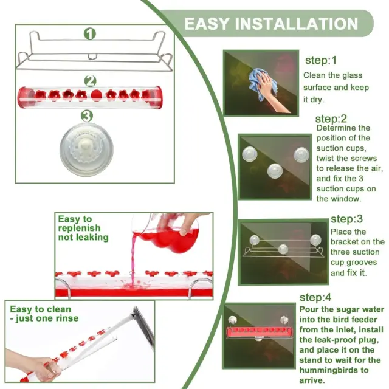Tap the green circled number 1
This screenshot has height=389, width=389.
[89, 33]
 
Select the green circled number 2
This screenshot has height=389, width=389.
[90, 81]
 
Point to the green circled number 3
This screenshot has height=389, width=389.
[87, 116]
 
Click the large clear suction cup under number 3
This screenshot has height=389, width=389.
[86, 150]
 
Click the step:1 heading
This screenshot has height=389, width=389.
[320, 60]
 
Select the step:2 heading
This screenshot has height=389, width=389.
[331, 119]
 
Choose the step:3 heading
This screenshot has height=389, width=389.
[346, 219]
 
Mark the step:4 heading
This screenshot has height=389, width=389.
[315, 297]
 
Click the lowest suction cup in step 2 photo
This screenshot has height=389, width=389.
[275, 171]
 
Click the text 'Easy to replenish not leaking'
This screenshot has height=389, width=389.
[83, 229]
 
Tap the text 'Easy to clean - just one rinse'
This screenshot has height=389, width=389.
[44, 314]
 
